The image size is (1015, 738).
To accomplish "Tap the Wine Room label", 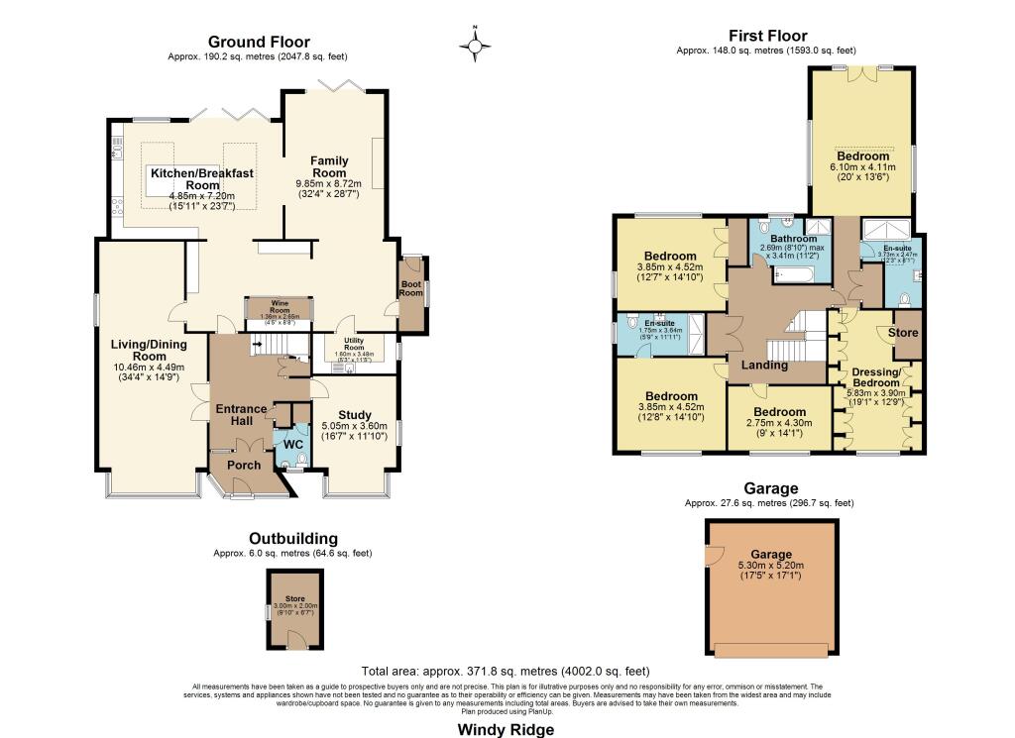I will (x=273, y=305).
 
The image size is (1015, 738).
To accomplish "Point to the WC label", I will (x=292, y=444).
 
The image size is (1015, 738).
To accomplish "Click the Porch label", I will (x=244, y=465).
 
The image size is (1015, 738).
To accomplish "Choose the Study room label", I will (x=354, y=415).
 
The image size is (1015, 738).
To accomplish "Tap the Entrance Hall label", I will (x=242, y=415).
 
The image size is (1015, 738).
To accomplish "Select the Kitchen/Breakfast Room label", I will (x=201, y=179).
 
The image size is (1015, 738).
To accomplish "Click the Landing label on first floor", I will (x=764, y=365).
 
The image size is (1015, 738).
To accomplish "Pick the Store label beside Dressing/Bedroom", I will (x=902, y=333).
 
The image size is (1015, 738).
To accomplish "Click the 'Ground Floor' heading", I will (x=259, y=42).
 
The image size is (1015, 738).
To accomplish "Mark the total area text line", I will (x=506, y=671).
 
